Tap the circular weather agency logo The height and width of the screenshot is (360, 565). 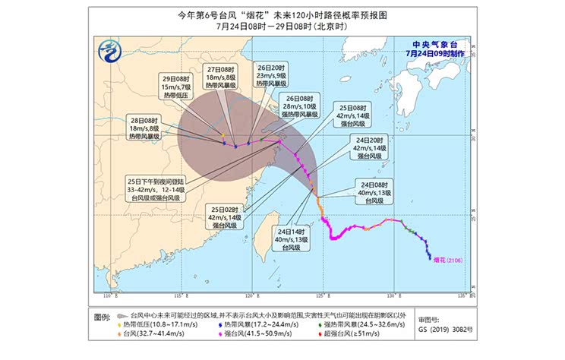(112, 52)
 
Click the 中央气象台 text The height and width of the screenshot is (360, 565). (432, 45)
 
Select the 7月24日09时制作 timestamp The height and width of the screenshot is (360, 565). (432, 55)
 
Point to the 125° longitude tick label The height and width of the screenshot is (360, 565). (321, 296)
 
